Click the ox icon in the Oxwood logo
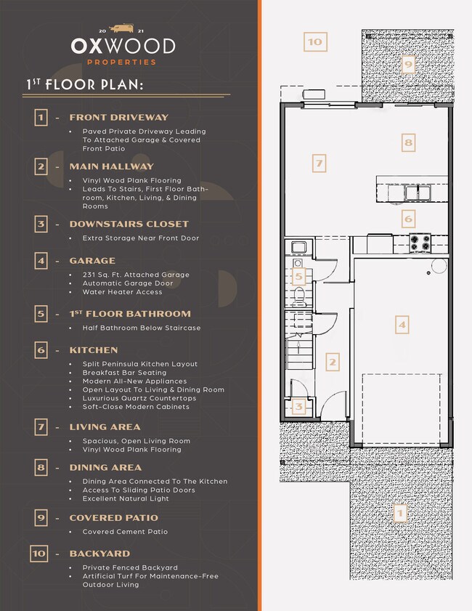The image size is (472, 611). coord(122,28)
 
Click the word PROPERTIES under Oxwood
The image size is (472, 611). coord(121,62)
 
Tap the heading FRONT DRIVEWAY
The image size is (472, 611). coord(119,117)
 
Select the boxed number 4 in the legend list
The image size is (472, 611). coord(41,261)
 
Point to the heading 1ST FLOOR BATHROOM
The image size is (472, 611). coord(130,314)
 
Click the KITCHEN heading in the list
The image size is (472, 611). coord(94,350)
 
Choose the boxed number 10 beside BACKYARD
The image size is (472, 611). coord(39,554)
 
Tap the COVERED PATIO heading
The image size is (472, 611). coord(114,518)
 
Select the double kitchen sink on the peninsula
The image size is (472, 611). coord(417,193)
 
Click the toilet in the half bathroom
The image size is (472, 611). coord(299,296)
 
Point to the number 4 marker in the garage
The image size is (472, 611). coord(402,325)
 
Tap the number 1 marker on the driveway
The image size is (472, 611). coord(400,513)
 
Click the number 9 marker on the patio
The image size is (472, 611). coord(408,64)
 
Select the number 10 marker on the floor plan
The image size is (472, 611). coord(315,41)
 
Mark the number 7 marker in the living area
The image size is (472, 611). coord(319,163)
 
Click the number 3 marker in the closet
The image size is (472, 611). coord(298,407)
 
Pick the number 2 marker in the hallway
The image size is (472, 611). coord(333,362)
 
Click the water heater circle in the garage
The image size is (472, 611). coord(439,266)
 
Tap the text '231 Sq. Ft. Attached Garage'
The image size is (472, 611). coord(136,275)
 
